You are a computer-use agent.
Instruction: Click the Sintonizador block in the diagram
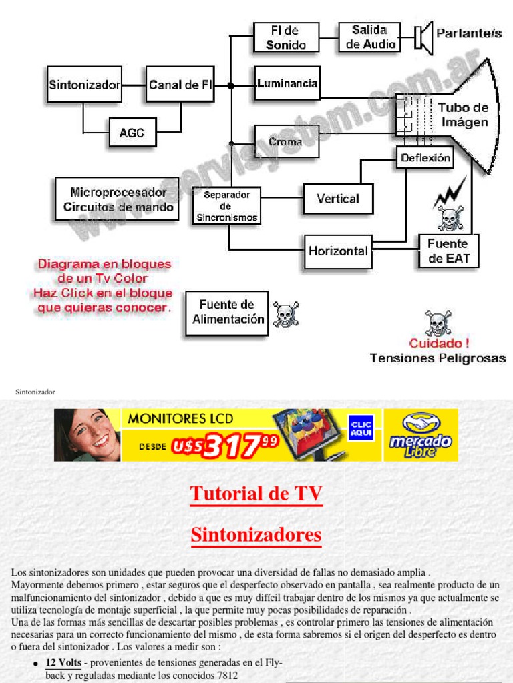[84, 84]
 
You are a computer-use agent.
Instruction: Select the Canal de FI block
[180, 84]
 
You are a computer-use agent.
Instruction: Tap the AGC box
[132, 132]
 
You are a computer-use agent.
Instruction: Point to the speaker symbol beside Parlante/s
[422, 37]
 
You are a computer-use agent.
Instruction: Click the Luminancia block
[287, 83]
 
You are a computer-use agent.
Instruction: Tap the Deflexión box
[425, 158]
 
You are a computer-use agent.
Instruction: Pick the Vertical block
[338, 199]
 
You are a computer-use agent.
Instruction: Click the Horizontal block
[338, 251]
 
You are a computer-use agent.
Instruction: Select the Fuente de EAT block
[448, 251]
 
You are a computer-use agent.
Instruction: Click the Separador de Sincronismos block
[226, 206]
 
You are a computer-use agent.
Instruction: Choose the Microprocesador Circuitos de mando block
[118, 199]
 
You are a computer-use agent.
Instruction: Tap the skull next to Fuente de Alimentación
[286, 314]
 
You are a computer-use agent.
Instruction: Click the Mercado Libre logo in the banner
[421, 435]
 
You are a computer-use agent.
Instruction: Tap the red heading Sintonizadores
[256, 534]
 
